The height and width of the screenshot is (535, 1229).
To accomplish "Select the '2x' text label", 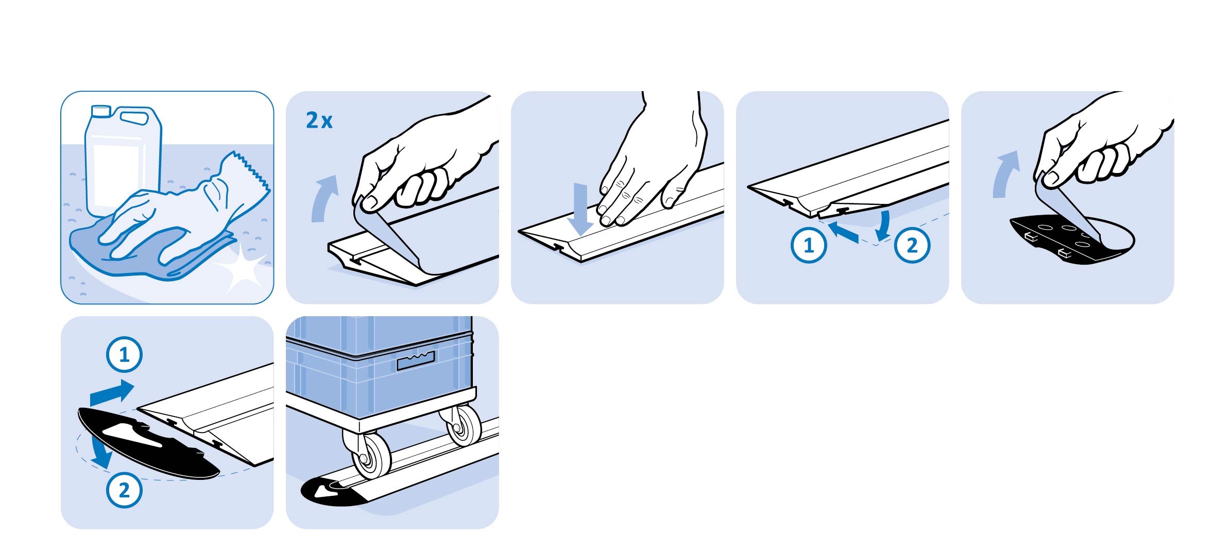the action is click(x=319, y=120).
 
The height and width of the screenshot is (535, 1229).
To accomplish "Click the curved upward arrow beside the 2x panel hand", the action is click(x=323, y=198).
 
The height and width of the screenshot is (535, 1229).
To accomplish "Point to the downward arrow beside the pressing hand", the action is click(x=581, y=209).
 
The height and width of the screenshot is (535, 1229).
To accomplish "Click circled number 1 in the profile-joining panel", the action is click(x=809, y=245).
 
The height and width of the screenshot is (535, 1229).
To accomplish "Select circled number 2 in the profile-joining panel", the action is click(x=912, y=245).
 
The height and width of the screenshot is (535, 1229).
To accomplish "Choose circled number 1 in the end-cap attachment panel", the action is click(x=124, y=355).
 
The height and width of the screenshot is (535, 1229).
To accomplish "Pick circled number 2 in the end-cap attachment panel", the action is click(x=124, y=490).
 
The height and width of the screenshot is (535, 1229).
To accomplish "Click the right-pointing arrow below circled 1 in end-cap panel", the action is click(x=112, y=393).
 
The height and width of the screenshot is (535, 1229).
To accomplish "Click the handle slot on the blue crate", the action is click(x=416, y=360).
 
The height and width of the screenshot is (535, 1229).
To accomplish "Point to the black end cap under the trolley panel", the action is click(x=330, y=492).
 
